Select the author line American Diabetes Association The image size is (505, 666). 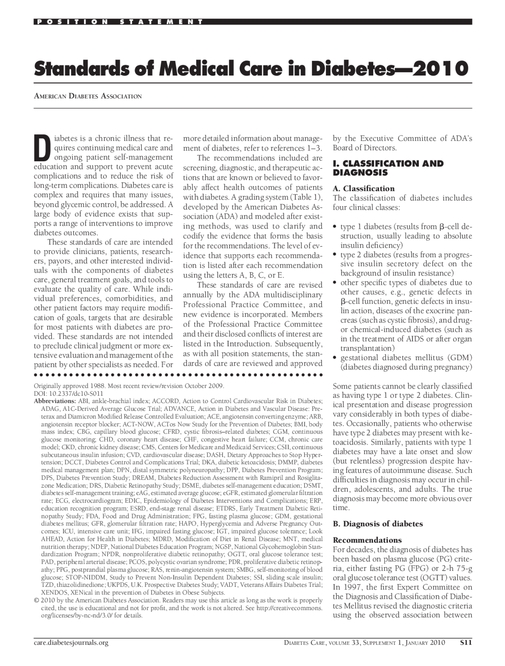point(88,96)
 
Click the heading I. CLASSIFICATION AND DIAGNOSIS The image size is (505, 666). point(388,168)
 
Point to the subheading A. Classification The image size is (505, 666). point(363,188)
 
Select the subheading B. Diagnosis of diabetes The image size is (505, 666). point(378,524)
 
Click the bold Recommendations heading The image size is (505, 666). point(367,540)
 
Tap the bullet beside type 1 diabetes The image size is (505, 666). point(335,227)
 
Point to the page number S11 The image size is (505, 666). point(466,643)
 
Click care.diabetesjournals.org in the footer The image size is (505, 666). point(71,643)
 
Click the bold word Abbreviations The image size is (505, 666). point(55,401)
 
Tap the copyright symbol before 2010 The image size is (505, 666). point(36,600)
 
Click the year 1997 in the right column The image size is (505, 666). point(350,587)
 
